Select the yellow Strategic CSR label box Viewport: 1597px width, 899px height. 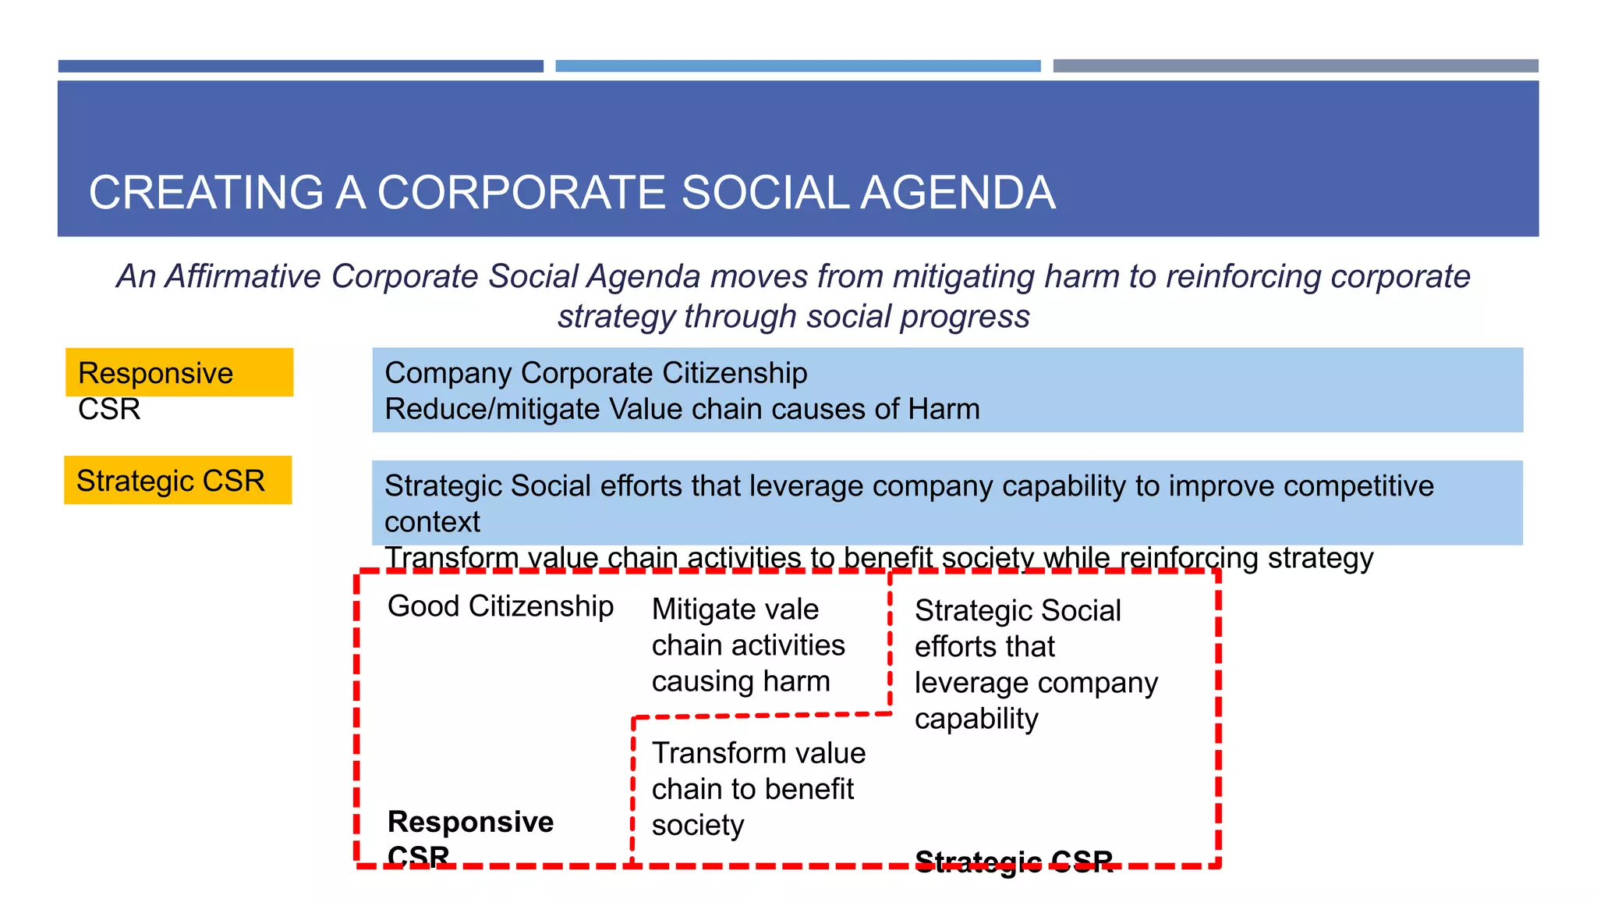[178, 481]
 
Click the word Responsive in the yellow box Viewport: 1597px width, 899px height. [155, 373]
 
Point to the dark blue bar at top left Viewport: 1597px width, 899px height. [300, 66]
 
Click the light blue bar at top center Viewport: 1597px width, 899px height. [798, 66]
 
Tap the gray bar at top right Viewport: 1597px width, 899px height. [1295, 66]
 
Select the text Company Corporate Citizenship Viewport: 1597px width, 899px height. [596, 373]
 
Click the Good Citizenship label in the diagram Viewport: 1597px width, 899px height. [501, 606]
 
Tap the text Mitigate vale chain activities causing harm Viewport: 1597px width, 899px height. [748, 645]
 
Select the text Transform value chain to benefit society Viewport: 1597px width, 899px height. [758, 789]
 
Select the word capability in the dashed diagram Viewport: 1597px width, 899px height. [976, 719]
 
